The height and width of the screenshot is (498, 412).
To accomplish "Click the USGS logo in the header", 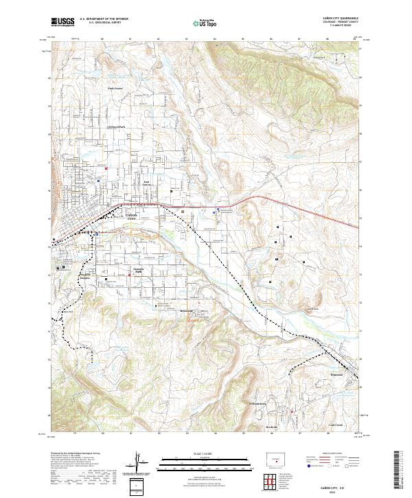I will (62, 22).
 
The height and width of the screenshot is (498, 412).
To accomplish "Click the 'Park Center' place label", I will (114, 89).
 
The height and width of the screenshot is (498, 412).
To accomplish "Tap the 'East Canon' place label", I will (147, 183).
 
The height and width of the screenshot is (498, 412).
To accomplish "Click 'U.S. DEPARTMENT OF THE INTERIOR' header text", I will (104, 19).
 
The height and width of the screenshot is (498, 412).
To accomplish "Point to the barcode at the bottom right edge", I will (401, 471).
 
